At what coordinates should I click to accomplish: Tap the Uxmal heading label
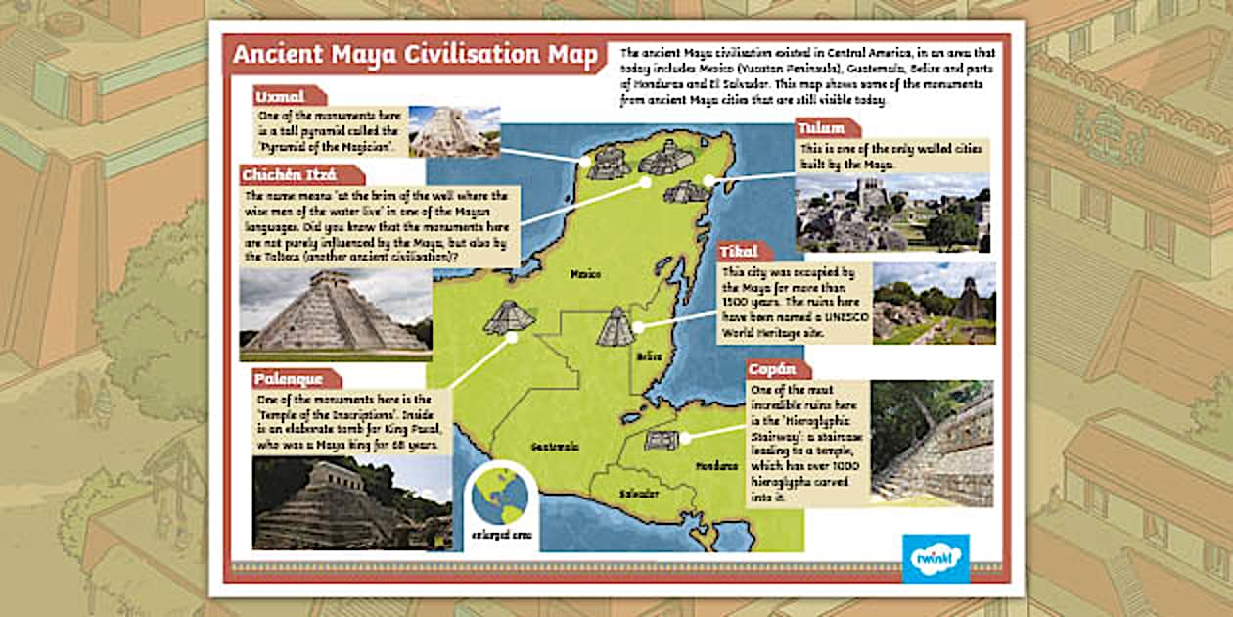tap(280, 96)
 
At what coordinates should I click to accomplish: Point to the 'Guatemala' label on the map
tap(555, 447)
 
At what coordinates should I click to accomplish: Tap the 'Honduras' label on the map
tap(717, 466)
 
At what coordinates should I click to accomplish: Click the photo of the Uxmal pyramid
tap(454, 131)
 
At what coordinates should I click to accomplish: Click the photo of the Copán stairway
tap(932, 444)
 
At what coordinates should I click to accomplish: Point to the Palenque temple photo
tap(351, 503)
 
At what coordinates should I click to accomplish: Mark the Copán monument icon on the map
tap(662, 440)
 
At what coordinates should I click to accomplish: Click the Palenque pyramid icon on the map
tap(509, 316)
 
